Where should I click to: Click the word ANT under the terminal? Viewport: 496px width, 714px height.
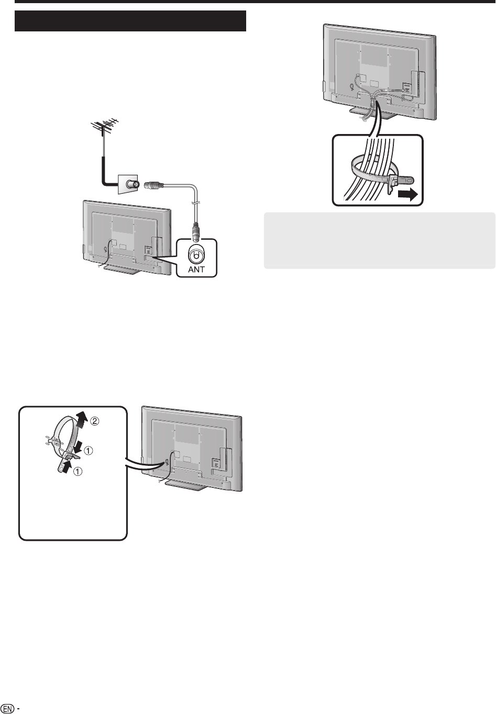tap(196, 270)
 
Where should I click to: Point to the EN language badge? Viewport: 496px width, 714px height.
tap(8, 707)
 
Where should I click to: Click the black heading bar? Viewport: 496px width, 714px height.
tap(130, 21)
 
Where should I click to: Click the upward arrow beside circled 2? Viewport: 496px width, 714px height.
tap(80, 419)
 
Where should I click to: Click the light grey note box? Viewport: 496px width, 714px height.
tap(379, 241)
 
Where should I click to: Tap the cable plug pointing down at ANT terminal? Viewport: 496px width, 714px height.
tap(196, 229)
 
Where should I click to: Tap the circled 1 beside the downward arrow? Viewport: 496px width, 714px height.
tap(91, 450)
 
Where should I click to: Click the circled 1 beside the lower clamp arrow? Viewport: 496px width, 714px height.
tap(77, 471)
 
